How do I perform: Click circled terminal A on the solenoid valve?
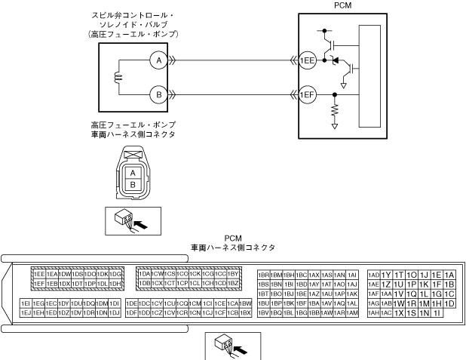(x=156, y=58)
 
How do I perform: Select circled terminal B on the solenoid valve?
(x=156, y=94)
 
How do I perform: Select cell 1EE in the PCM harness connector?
(x=38, y=273)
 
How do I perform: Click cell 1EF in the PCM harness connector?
(x=38, y=283)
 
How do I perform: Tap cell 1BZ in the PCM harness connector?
(x=233, y=283)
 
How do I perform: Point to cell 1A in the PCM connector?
(x=449, y=274)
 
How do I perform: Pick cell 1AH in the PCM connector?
(x=373, y=312)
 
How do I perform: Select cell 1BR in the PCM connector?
(x=264, y=274)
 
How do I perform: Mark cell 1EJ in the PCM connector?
(x=26, y=312)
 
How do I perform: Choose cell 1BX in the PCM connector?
(x=245, y=312)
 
